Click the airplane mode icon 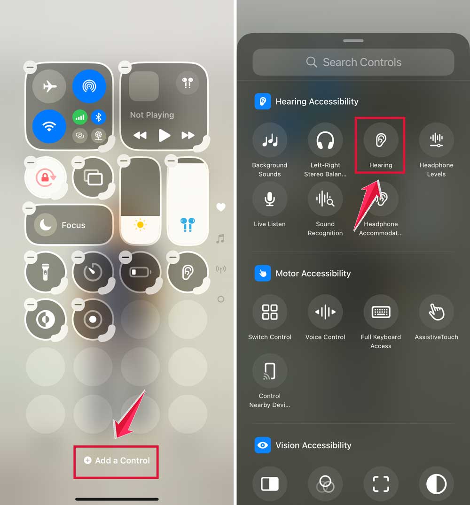coord(49,86)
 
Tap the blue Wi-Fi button coord(49,126)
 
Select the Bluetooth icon coord(98,117)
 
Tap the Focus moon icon coord(46,225)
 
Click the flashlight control coord(46,272)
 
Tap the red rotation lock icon coord(46,177)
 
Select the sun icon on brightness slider coord(141,224)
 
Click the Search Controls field coord(353,62)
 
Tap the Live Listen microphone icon coord(270,199)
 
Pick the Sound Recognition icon coord(325,199)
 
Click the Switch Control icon coord(270,312)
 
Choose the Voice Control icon coord(325,312)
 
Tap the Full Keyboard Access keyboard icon coord(381,312)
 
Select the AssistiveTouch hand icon coord(436,312)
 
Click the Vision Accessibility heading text coord(313,445)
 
